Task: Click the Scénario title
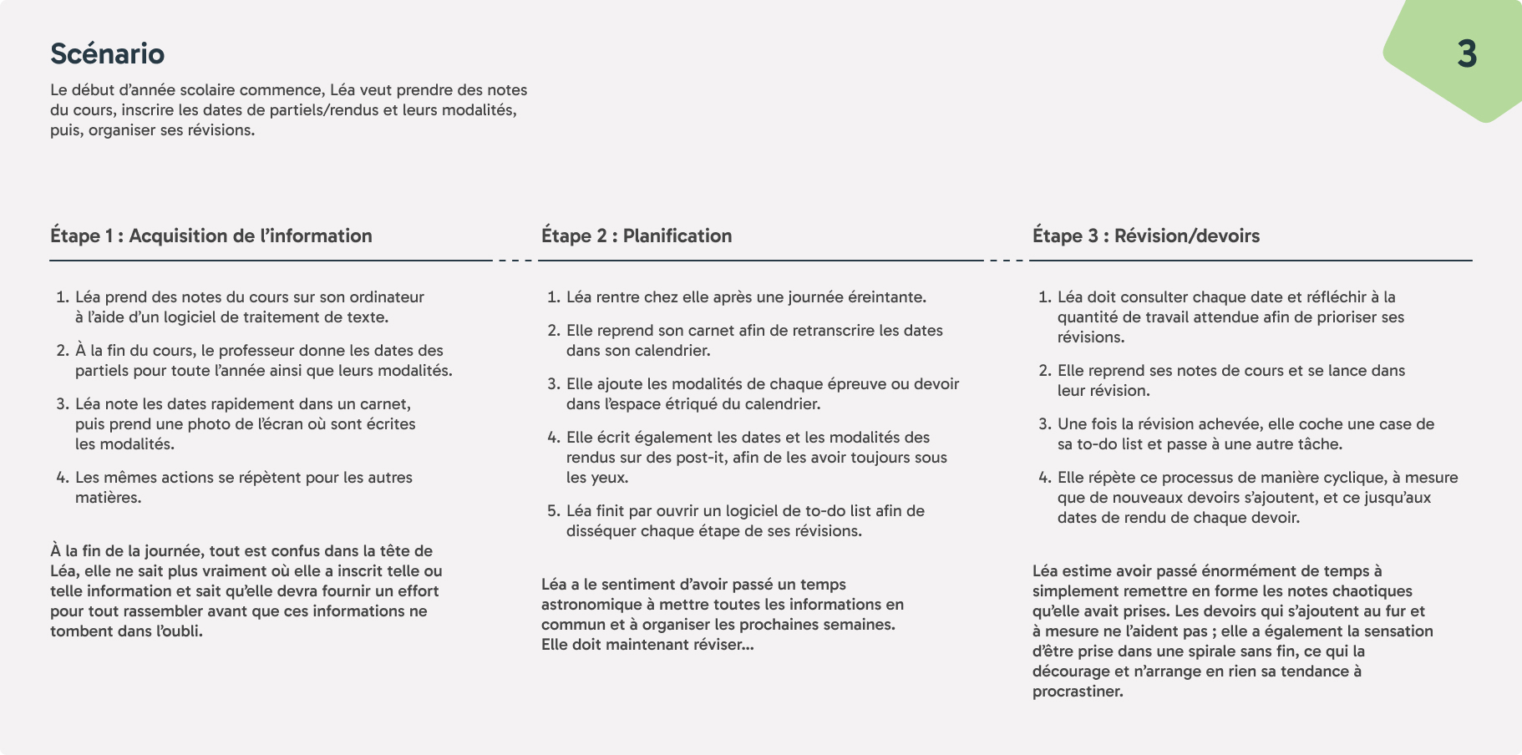coord(108,53)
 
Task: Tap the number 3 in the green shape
coord(1467,54)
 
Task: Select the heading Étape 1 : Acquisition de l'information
coord(211,236)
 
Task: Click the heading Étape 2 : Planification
coord(637,236)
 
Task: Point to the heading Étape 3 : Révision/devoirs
coord(1146,236)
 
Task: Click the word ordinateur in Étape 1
coord(387,297)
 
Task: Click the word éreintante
coord(886,297)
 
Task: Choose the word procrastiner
coord(1078,692)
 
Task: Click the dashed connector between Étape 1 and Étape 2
coord(515,261)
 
